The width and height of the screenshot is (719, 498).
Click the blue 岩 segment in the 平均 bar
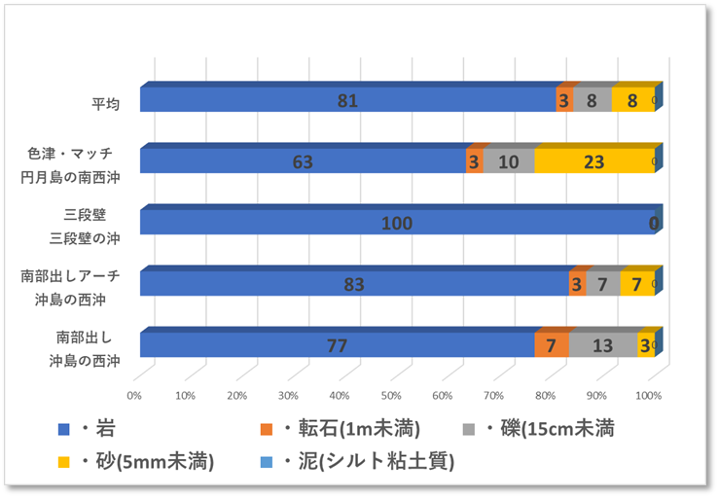click(x=347, y=100)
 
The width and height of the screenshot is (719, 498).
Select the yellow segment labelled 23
click(x=593, y=161)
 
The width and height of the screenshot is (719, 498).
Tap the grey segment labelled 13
click(x=603, y=345)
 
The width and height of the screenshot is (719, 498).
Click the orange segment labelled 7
click(x=552, y=345)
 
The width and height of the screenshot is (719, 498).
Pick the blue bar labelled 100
click(x=396, y=223)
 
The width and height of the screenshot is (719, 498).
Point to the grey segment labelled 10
click(x=509, y=161)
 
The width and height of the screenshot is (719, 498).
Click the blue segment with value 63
click(x=303, y=161)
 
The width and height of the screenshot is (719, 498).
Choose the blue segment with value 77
click(x=337, y=345)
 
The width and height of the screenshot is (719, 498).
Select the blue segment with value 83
click(x=354, y=284)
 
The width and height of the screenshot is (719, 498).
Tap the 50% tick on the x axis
click(x=391, y=396)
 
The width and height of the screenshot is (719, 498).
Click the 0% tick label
click(x=134, y=396)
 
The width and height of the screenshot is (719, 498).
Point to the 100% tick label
click(x=648, y=396)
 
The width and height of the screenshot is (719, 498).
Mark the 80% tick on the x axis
click(x=546, y=396)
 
